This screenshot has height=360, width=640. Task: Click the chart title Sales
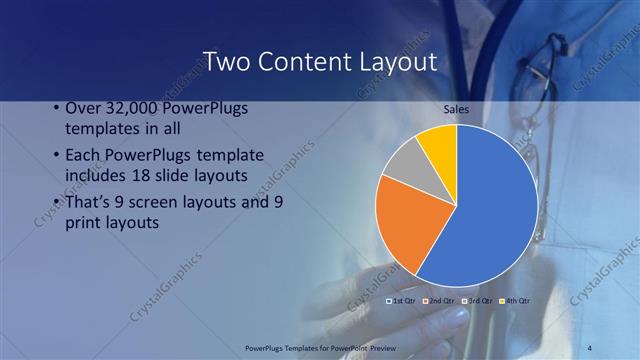click(456, 108)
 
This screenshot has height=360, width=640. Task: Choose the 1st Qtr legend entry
click(402, 300)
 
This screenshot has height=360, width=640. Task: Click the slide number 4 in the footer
click(590, 348)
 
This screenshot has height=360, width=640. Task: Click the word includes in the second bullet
click(95, 176)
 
